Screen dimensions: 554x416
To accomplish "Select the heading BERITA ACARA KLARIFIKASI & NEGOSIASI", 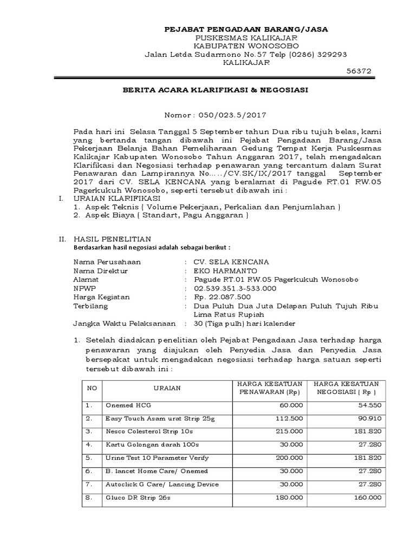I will pos(214,90).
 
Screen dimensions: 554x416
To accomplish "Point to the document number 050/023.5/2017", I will pos(234,115).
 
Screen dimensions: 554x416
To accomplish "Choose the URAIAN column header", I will pos(167,387).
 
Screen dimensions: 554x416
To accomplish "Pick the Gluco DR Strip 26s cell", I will pos(138,497).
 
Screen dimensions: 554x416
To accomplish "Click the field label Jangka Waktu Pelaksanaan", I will pos(124,324).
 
